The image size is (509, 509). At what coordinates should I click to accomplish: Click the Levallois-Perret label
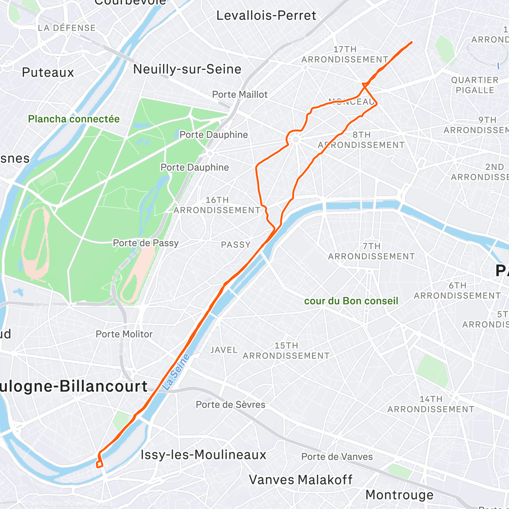coord(266,16)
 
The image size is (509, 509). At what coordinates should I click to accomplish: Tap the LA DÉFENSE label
coord(67,28)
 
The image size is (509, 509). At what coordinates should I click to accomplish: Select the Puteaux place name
coord(48,73)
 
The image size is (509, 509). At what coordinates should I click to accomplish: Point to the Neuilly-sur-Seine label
coord(187,69)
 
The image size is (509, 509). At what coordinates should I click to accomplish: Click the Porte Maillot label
coord(240,95)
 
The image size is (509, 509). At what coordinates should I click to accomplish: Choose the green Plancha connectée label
coord(74,119)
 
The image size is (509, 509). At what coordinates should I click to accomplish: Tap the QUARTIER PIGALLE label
coord(475,85)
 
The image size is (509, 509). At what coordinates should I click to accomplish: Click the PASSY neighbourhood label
coord(236,245)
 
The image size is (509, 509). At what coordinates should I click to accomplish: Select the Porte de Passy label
coord(145,243)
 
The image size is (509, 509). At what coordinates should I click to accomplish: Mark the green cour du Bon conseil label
coord(351,301)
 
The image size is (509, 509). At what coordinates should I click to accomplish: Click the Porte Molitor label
coord(124,334)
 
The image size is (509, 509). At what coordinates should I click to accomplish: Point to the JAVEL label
coord(224,350)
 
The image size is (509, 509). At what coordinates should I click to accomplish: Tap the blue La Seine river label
coord(176,372)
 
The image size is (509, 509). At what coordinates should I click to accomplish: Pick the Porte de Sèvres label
coord(230,405)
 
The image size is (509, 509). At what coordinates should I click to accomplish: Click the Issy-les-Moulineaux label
coord(203,455)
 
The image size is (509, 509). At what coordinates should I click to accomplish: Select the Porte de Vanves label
coord(337,457)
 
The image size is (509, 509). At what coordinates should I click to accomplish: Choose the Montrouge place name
coord(399,495)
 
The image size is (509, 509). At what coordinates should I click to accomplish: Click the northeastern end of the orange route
coord(411,42)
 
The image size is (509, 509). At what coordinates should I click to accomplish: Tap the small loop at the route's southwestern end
coord(100,464)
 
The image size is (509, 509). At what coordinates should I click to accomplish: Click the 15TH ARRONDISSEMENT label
coord(286,351)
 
